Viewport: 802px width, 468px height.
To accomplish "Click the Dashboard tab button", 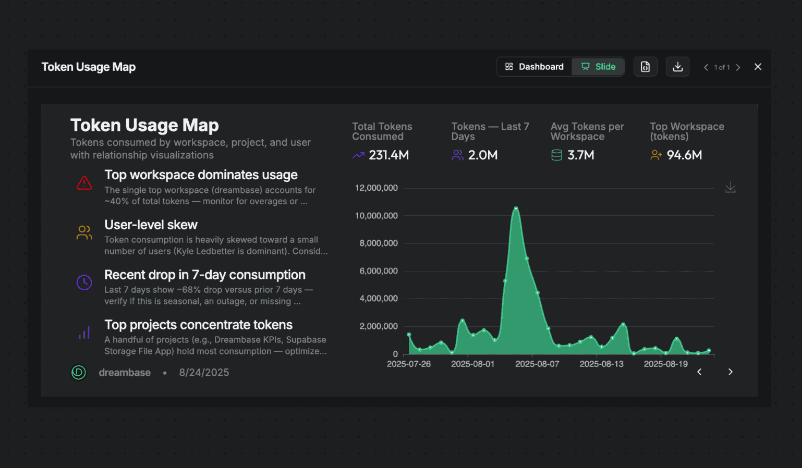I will pos(534,67).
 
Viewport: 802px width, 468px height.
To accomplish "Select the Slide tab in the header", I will pos(598,67).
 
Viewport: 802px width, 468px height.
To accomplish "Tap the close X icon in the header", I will pos(758,67).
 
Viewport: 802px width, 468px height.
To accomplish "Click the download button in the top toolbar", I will pos(677,67).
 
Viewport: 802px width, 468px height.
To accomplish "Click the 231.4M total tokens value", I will pos(388,155).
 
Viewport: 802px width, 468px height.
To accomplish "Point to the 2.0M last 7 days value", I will pos(482,155).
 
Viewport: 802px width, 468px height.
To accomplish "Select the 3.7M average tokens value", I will pos(580,155).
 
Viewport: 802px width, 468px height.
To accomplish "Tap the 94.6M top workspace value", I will pos(684,155).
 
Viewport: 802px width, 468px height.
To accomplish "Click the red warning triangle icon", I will pos(84,183).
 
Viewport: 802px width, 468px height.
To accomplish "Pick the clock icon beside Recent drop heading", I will pos(84,282).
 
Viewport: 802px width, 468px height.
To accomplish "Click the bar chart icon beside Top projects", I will pos(84,332).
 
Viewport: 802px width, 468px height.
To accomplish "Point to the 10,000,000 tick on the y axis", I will pos(376,216).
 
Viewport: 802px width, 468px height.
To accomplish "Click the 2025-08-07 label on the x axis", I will pos(537,364).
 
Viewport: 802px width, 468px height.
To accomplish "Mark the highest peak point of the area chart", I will pos(516,208).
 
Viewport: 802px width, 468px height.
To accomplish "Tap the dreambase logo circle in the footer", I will pos(78,372).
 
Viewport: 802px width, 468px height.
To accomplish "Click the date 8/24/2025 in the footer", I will pos(204,373).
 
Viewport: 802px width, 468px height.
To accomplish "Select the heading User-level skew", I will pos(151,225).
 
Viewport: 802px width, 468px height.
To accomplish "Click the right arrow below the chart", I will pos(730,372).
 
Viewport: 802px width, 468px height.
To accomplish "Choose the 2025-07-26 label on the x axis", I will pos(408,364).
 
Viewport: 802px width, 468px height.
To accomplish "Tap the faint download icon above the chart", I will pos(730,188).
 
